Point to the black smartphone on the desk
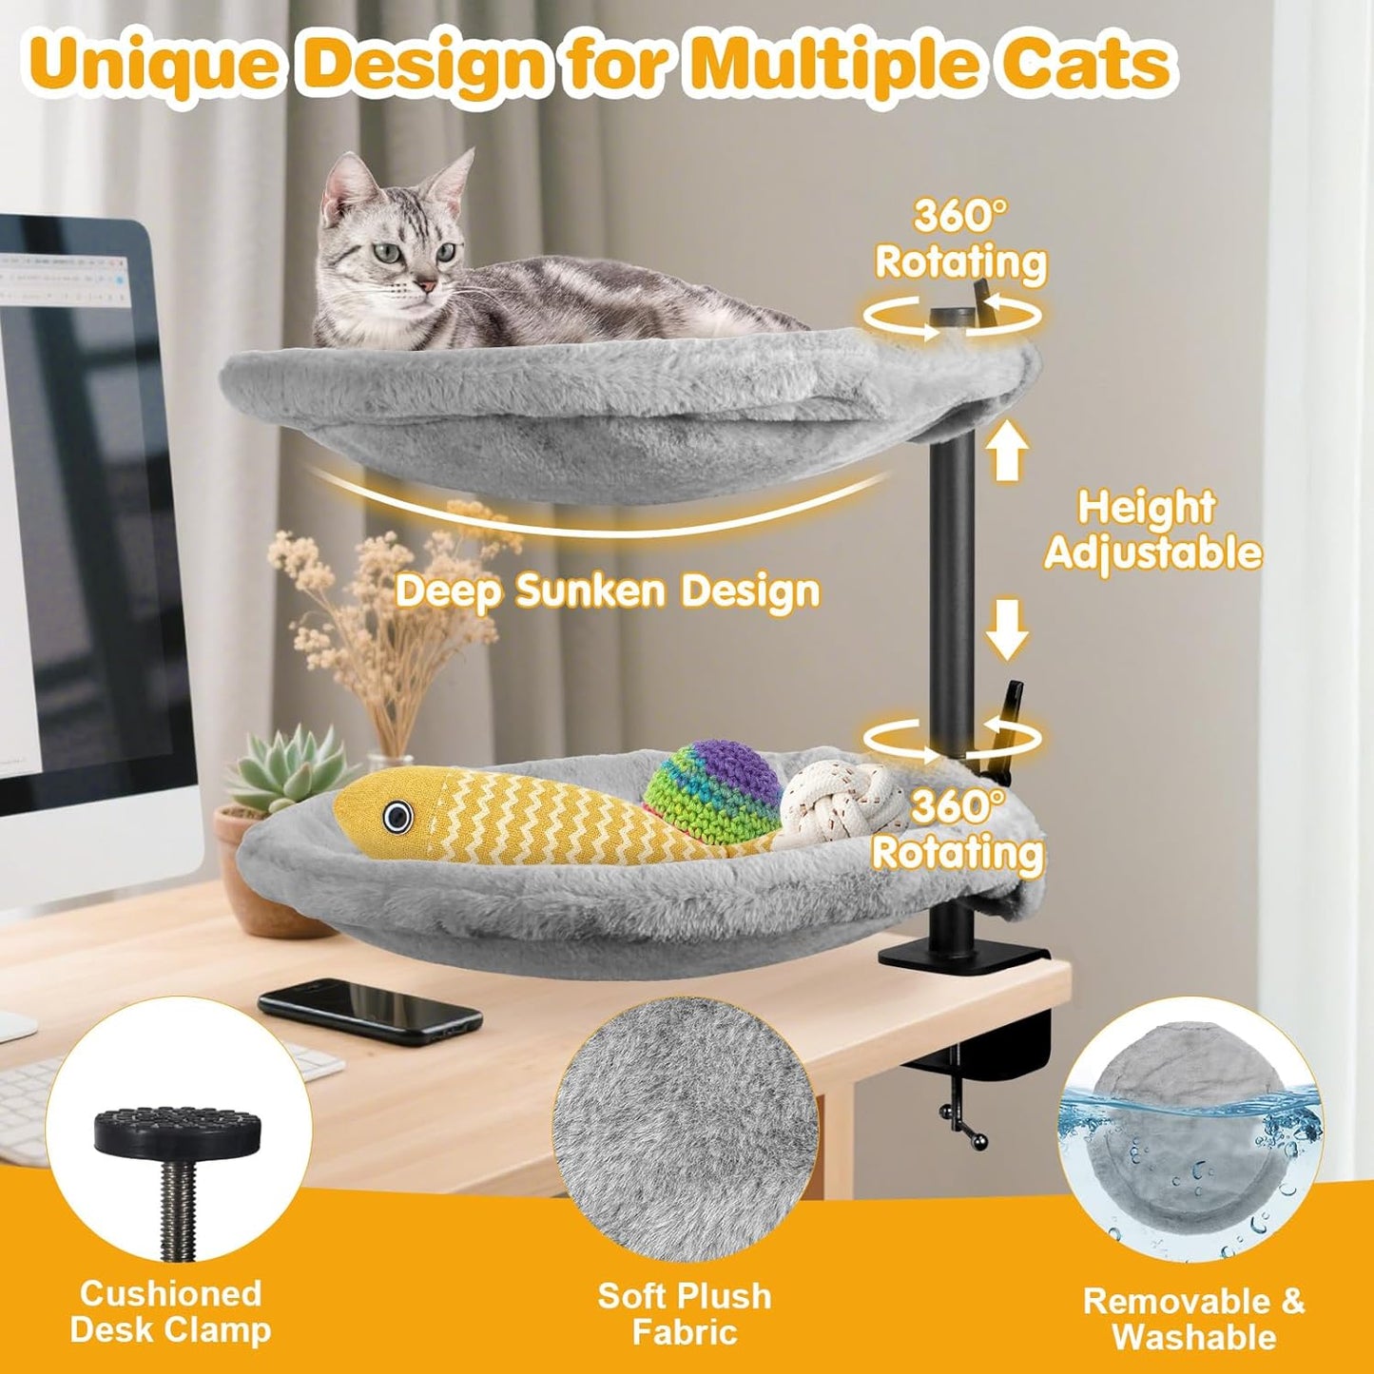pyautogui.click(x=369, y=1010)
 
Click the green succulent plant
pyautogui.click(x=285, y=770)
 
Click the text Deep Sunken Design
pyautogui.click(x=607, y=591)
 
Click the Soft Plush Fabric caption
pyautogui.click(x=685, y=1314)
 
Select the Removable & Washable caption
pyautogui.click(x=1194, y=1318)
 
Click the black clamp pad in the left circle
pyautogui.click(x=171, y=1130)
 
